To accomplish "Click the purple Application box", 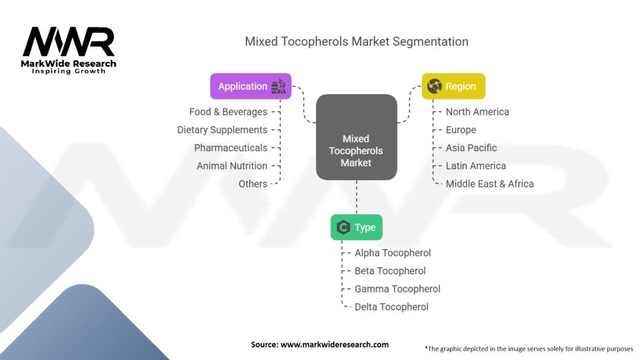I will [x=251, y=86].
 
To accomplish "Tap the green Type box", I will [x=356, y=227].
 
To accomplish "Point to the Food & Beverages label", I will [x=228, y=112].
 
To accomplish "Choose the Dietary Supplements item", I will [x=222, y=130].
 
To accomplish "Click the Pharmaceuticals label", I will [x=231, y=148].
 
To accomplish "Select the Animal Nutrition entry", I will [x=232, y=166].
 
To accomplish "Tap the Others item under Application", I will [x=252, y=184].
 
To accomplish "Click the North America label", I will [x=477, y=112].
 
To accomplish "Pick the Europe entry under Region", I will [x=461, y=130].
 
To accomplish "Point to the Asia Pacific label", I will [x=471, y=148].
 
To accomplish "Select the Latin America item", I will [x=476, y=166].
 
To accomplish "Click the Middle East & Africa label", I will [x=489, y=184].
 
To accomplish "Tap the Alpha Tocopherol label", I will [x=392, y=253].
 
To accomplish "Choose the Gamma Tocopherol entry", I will [x=397, y=289].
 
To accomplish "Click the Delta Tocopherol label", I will [x=391, y=307].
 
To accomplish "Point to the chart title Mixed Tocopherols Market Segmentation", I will [x=356, y=42].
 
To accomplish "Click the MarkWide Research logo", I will [x=69, y=49].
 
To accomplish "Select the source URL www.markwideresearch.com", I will [x=335, y=344].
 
